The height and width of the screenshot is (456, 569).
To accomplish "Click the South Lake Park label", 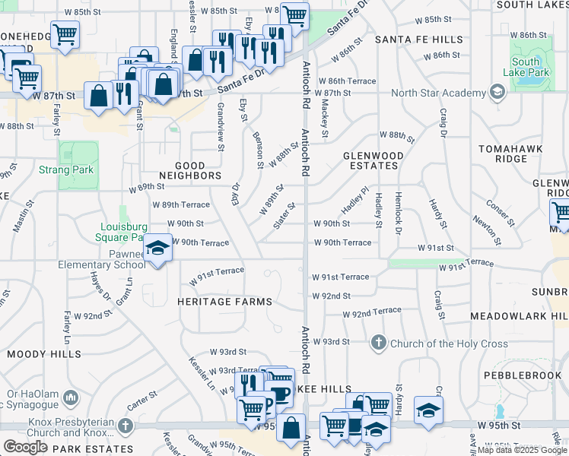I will pyautogui.click(x=526, y=68).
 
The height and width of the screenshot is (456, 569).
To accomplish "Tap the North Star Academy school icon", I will pyautogui.click(x=497, y=93).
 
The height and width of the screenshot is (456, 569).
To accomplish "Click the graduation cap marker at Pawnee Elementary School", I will pyautogui.click(x=157, y=249).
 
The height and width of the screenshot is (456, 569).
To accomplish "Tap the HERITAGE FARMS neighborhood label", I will pyautogui.click(x=224, y=302).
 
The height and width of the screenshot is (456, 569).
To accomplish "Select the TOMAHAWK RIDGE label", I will pyautogui.click(x=510, y=154).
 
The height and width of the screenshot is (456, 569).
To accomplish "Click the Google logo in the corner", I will pyautogui.click(x=25, y=447).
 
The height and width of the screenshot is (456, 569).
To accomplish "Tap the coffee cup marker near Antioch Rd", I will pyautogui.click(x=279, y=394).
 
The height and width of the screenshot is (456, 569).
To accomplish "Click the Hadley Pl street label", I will pyautogui.click(x=354, y=201).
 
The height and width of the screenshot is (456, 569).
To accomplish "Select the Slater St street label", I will pyautogui.click(x=284, y=214).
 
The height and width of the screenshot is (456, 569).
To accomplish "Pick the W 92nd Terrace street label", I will pyautogui.click(x=372, y=312).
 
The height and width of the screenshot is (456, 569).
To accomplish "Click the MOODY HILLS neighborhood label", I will pyautogui.click(x=44, y=354).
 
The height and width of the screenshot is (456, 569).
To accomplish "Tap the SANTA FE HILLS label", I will pyautogui.click(x=418, y=40).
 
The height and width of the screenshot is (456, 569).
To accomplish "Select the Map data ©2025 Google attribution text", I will pyautogui.click(x=523, y=450).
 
